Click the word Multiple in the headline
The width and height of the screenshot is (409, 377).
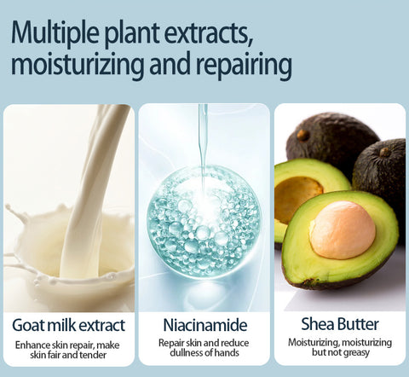tap(55, 33)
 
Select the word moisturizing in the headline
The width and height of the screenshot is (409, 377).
tap(78, 65)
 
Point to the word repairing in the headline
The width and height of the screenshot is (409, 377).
tap(244, 65)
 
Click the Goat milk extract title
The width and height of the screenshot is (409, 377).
tap(69, 325)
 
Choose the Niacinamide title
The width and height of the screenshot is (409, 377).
tap(205, 325)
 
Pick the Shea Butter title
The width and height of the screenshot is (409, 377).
tap(340, 324)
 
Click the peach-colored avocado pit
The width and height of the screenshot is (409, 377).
tap(343, 230)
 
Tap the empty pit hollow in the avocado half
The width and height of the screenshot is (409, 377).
tap(297, 199)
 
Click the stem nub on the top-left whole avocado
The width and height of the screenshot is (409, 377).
tap(302, 136)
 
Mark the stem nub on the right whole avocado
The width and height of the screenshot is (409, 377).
tap(385, 152)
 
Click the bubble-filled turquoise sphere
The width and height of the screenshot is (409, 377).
tap(204, 222)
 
